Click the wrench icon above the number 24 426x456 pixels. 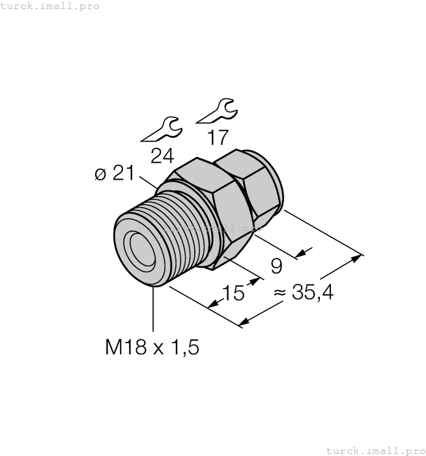163,130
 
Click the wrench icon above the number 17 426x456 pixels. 218,111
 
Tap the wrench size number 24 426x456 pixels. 162,156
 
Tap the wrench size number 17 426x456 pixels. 218,137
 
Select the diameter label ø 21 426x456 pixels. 115,173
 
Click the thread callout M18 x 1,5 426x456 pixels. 152,347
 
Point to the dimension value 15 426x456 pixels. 233,292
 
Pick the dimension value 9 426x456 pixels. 276,266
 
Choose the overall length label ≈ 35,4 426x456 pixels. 304,292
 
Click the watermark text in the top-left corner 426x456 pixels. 50,6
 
